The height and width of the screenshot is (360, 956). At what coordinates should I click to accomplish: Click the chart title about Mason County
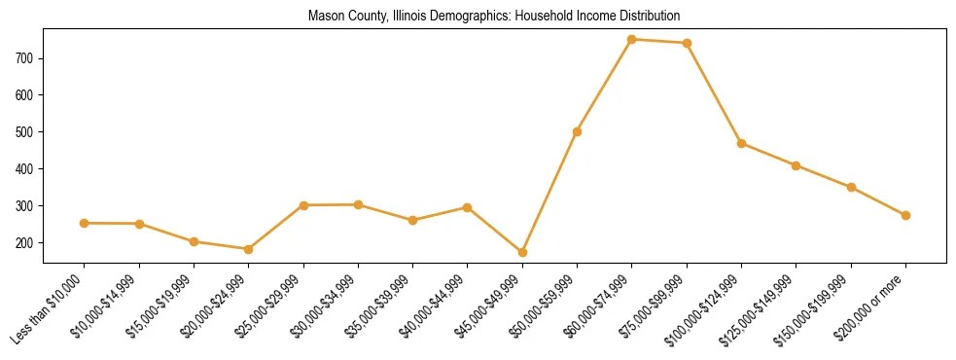click(493, 17)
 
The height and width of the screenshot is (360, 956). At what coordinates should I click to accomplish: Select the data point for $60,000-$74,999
click(632, 40)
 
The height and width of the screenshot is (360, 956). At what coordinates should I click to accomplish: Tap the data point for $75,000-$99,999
click(687, 43)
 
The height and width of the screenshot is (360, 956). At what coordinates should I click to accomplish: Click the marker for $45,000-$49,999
click(522, 252)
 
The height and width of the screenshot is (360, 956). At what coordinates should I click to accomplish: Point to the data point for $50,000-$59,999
click(578, 131)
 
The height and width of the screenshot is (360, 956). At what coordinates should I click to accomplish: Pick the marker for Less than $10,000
click(85, 223)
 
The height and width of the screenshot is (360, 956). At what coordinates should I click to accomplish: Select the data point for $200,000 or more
click(905, 215)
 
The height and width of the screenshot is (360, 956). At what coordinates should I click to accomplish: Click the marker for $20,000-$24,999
click(249, 249)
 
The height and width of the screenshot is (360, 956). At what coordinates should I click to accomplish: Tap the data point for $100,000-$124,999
click(741, 143)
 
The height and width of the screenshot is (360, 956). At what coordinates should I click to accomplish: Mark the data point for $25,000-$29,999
click(303, 205)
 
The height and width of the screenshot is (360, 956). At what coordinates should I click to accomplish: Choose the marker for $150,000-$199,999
click(851, 187)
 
